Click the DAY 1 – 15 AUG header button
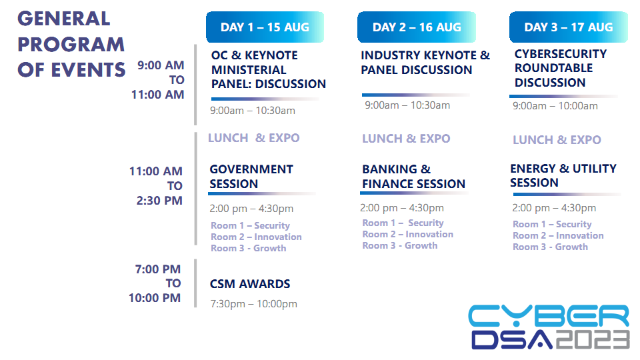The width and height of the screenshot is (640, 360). click(x=265, y=27)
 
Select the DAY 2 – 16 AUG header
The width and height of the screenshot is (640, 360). click(x=417, y=27)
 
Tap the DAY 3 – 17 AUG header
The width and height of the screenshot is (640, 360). click(x=569, y=27)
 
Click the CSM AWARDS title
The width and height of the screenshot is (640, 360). click(x=250, y=284)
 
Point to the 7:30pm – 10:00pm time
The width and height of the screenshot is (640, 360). click(x=253, y=304)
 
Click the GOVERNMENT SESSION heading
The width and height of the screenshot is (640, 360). click(x=251, y=176)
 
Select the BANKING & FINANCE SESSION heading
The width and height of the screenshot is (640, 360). click(x=413, y=176)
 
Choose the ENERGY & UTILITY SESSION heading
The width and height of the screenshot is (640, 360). click(x=563, y=175)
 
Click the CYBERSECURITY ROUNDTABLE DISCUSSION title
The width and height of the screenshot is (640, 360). click(x=561, y=68)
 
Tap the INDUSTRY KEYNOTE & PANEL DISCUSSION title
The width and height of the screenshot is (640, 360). click(x=425, y=63)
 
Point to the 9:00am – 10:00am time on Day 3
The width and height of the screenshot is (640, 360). click(x=555, y=106)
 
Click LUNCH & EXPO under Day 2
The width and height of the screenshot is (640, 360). click(x=406, y=139)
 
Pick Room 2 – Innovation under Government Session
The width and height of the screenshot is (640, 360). click(x=256, y=237)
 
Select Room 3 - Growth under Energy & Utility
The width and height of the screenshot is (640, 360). click(x=550, y=247)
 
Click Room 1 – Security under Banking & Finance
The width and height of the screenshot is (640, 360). click(x=403, y=223)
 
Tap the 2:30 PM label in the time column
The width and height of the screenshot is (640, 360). click(x=159, y=201)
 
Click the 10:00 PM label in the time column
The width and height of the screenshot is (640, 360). click(x=155, y=297)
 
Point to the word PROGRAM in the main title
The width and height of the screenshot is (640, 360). click(x=71, y=45)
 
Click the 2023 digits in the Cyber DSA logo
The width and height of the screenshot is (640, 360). click(x=593, y=339)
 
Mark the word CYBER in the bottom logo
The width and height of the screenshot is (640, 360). click(x=549, y=315)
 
